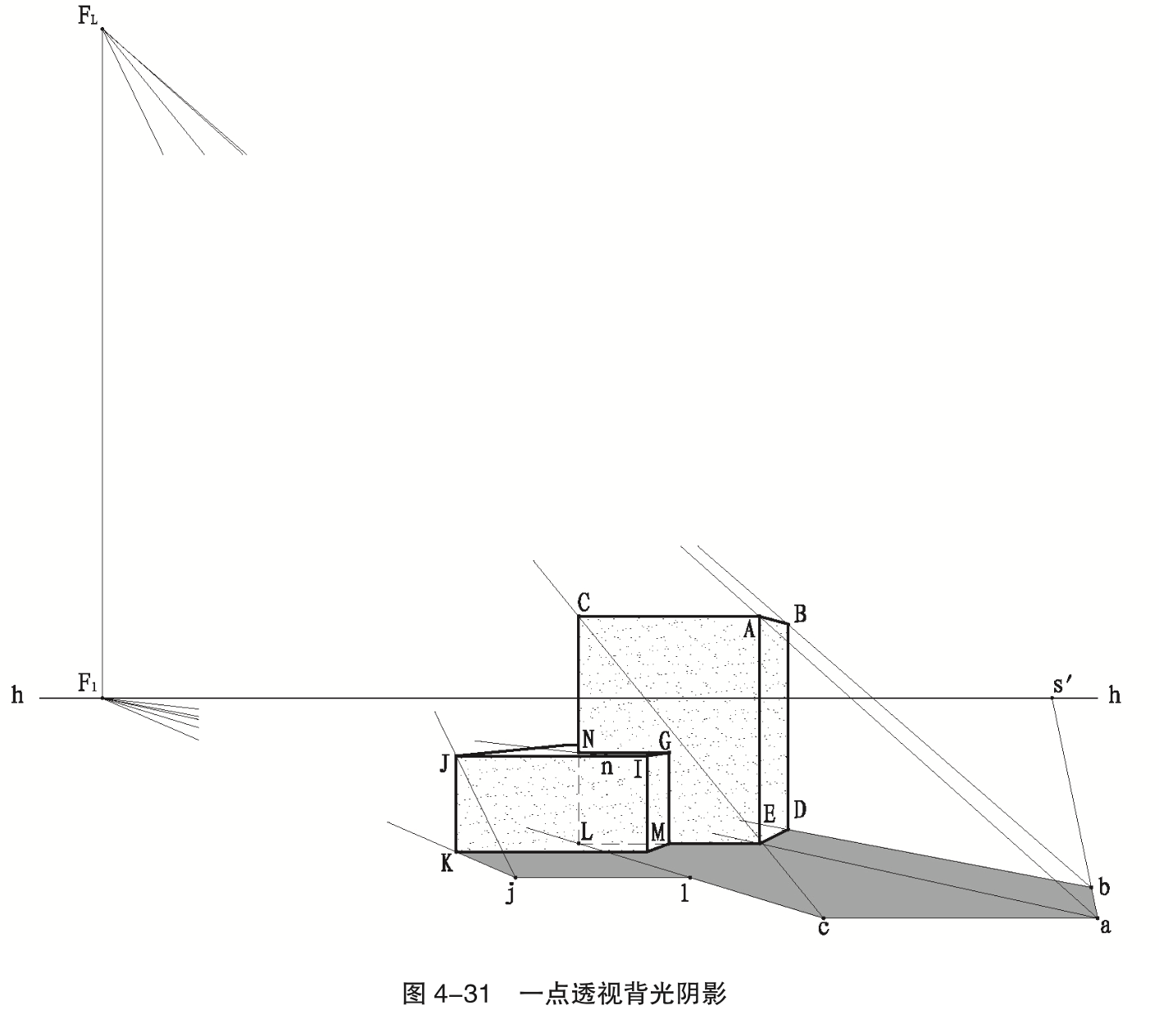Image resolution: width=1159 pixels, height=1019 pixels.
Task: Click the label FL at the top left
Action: click(88, 16)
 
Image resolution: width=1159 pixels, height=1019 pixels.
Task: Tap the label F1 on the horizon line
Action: click(87, 684)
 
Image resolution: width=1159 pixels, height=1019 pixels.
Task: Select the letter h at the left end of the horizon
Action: click(18, 696)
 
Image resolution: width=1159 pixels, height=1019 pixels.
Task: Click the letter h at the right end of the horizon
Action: click(1114, 696)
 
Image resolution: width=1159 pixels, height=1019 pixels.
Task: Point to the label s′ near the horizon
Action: click(1063, 685)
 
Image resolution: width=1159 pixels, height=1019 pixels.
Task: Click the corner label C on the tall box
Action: click(584, 603)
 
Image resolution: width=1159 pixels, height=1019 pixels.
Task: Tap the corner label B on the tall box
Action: click(800, 614)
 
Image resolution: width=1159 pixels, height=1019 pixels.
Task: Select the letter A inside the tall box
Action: click(748, 629)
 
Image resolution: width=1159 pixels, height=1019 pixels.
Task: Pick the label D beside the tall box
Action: click(800, 811)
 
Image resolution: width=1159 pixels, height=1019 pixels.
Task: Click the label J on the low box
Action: click(443, 763)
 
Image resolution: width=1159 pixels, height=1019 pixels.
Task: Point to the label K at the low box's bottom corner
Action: click(446, 863)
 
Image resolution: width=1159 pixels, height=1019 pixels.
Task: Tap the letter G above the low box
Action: click(664, 741)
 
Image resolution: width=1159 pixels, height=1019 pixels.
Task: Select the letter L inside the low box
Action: click(586, 831)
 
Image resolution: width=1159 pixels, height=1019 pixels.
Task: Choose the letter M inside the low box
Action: click(657, 832)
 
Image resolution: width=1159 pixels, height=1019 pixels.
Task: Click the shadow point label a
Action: click(1105, 926)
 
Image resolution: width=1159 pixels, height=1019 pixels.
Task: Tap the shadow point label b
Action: click(1104, 887)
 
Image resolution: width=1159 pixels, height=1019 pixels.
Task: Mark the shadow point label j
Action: click(510, 893)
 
